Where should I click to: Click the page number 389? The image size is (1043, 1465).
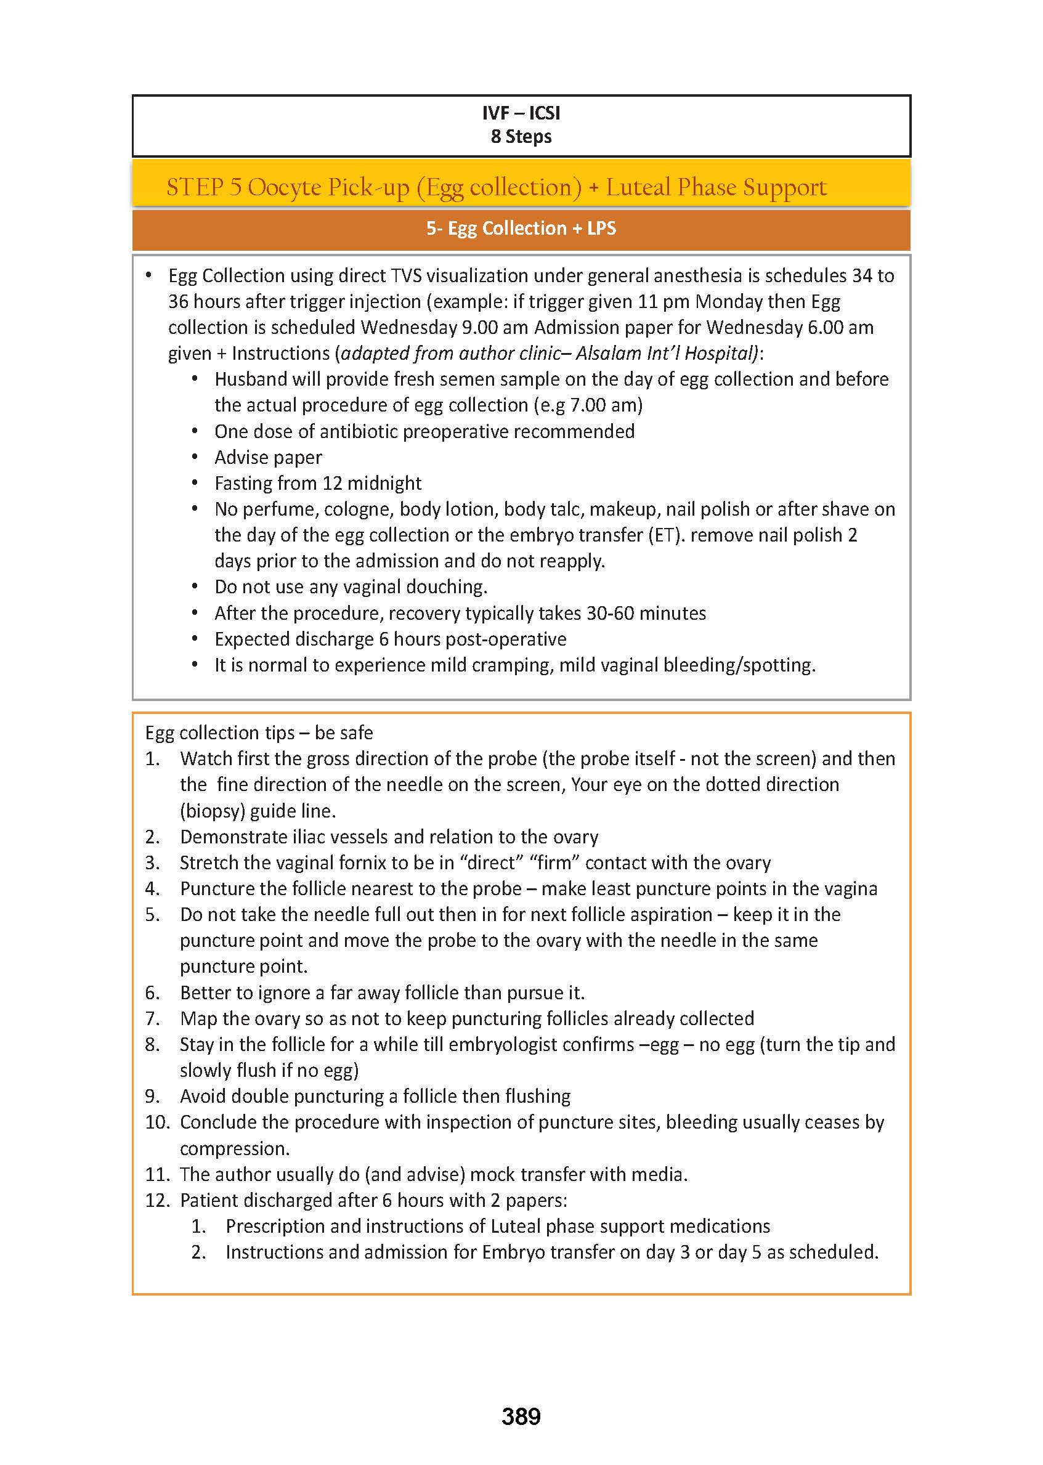521,1416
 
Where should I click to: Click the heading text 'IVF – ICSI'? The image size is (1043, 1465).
521,113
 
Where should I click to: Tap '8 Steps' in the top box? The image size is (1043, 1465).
521,136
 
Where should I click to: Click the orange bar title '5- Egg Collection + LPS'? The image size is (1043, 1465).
521,228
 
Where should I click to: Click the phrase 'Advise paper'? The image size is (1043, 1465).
268,457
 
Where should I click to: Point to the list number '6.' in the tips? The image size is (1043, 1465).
152,992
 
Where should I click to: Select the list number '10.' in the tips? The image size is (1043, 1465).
156,1121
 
